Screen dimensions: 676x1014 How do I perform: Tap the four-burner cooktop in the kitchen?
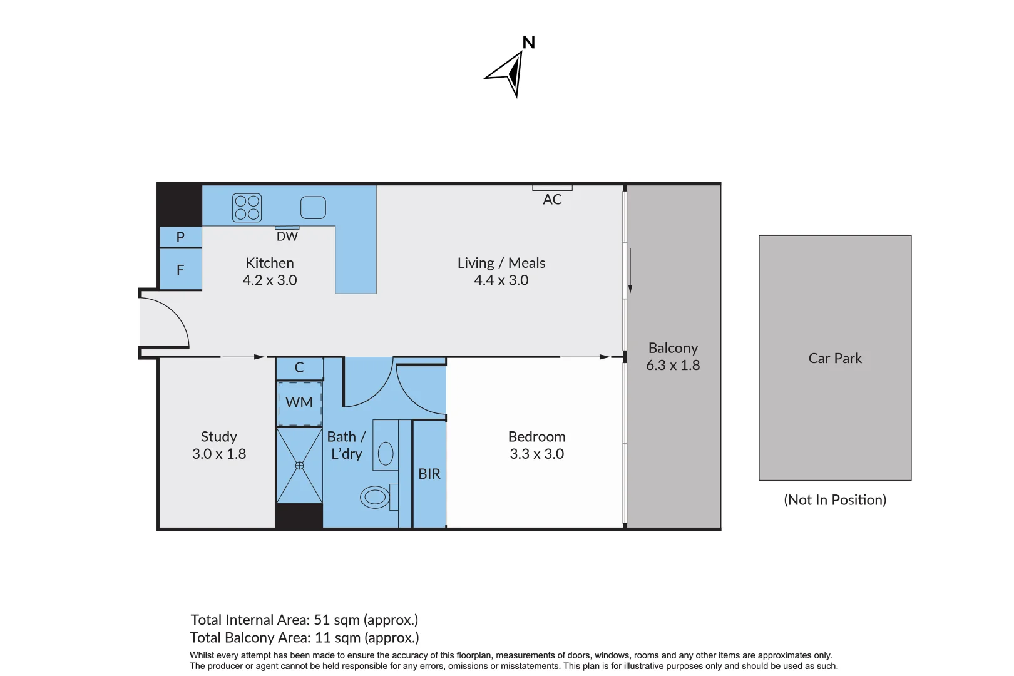[x=247, y=208]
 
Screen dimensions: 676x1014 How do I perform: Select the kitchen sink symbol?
[x=313, y=207]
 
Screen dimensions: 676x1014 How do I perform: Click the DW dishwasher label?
[x=287, y=237]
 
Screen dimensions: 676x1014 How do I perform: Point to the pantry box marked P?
[x=180, y=237]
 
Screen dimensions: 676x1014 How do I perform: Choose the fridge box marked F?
[x=180, y=270]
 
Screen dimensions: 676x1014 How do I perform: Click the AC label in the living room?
[x=552, y=200]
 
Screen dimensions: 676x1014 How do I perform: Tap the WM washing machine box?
[x=299, y=402]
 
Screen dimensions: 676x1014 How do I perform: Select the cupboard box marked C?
[x=299, y=368]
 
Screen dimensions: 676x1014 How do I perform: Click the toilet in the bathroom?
[x=375, y=497]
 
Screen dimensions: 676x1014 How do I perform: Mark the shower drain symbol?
[x=299, y=466]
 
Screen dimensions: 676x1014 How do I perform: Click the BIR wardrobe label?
[x=429, y=474]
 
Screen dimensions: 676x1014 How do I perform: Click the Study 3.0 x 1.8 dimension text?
[x=219, y=454]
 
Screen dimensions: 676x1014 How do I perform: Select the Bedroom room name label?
[x=536, y=436]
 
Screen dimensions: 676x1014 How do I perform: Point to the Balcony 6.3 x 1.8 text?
[x=673, y=357]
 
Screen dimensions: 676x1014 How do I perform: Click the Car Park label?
[x=835, y=358]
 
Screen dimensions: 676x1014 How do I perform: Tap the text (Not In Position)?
[x=835, y=499]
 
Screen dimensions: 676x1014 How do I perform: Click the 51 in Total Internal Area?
[x=322, y=620]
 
